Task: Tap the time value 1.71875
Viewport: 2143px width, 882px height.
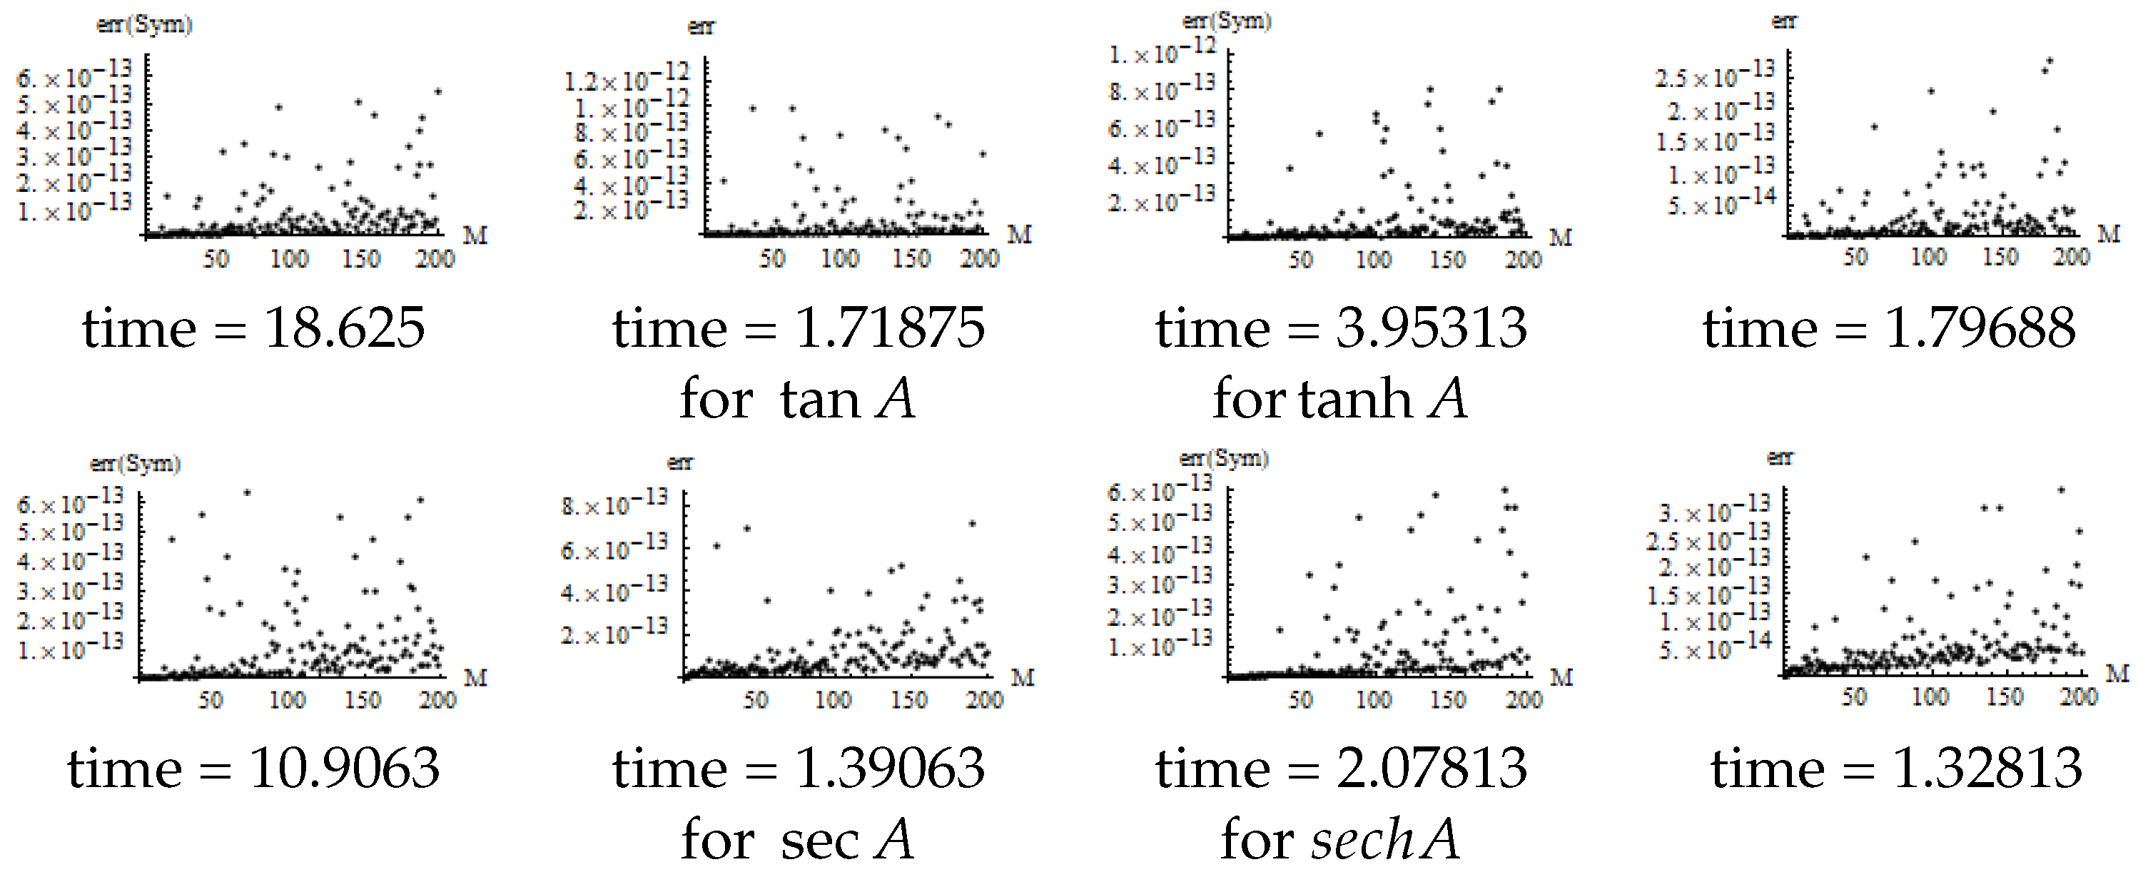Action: [889, 329]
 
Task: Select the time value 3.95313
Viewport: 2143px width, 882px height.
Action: [1431, 329]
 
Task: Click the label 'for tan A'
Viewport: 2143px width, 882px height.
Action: [797, 400]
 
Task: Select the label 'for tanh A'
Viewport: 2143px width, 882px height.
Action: [1339, 400]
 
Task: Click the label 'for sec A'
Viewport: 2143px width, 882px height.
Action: [797, 841]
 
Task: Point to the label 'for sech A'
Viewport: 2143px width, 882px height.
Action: [1339, 841]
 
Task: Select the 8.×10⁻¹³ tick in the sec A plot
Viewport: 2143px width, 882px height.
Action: [614, 502]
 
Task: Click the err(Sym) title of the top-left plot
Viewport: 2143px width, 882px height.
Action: [144, 24]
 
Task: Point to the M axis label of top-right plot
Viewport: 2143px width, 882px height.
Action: [2108, 234]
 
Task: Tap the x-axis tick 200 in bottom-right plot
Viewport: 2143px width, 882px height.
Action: [2077, 696]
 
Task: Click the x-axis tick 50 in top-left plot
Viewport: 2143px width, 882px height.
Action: [216, 259]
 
